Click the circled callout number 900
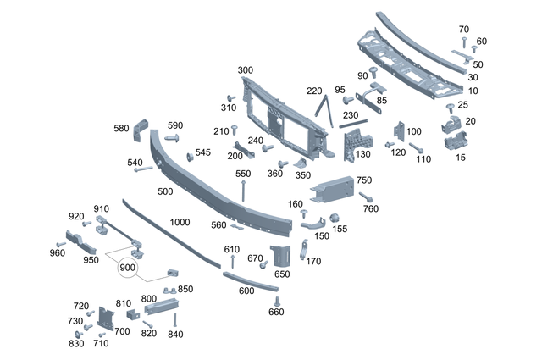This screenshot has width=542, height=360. [x=128, y=268]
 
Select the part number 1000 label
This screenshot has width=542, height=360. [x=179, y=222]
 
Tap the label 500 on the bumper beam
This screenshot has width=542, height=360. [x=165, y=191]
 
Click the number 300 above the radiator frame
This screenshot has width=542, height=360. [x=245, y=69]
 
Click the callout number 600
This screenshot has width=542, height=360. [x=246, y=291]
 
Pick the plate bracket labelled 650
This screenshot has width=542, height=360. [x=280, y=256]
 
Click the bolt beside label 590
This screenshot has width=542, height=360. [x=174, y=137]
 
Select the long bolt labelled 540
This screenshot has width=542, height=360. [x=143, y=169]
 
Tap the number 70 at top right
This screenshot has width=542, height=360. [x=463, y=30]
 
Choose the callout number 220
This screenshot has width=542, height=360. [x=314, y=91]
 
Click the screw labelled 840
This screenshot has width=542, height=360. [x=175, y=321]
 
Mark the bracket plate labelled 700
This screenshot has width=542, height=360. [x=106, y=316]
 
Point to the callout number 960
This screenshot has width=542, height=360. [x=57, y=253]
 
